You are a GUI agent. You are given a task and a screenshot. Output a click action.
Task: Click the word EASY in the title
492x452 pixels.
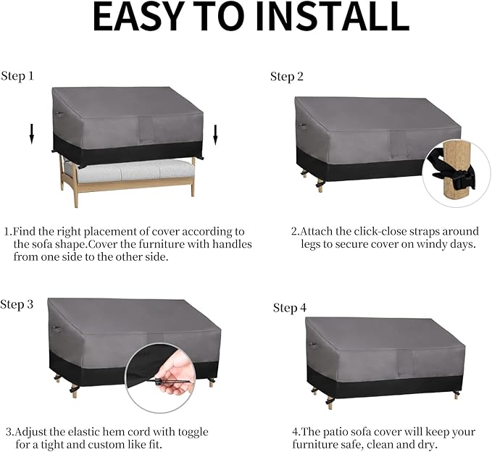[x=138, y=17]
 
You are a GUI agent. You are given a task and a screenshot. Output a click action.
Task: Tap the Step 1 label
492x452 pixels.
[x=17, y=76]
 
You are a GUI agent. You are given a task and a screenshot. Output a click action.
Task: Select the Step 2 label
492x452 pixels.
[x=287, y=77]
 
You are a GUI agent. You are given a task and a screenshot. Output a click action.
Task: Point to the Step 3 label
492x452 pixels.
[x=17, y=304]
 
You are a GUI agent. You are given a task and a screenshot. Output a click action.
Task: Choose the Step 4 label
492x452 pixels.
[x=290, y=308]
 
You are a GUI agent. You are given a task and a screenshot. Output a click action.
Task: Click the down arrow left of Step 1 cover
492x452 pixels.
[x=31, y=133]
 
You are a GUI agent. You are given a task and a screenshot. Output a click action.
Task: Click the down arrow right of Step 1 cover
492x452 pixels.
[x=215, y=135]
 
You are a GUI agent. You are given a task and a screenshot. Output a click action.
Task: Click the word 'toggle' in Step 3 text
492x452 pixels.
[x=193, y=432]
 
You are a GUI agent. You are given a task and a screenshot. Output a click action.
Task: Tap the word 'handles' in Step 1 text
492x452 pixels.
[x=232, y=244]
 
